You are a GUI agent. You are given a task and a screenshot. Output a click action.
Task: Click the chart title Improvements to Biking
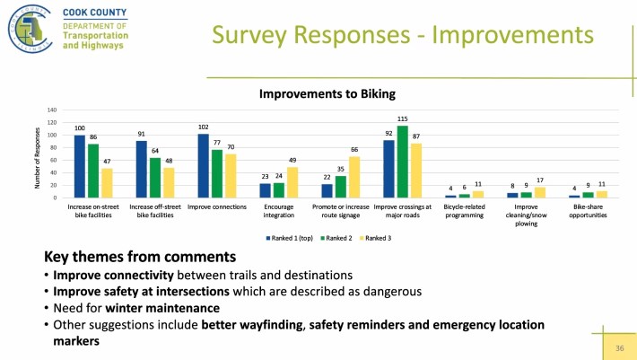[x=327, y=92]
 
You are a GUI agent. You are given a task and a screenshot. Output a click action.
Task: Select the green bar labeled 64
[x=155, y=178]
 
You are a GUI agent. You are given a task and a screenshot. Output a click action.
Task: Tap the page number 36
[x=619, y=347]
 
